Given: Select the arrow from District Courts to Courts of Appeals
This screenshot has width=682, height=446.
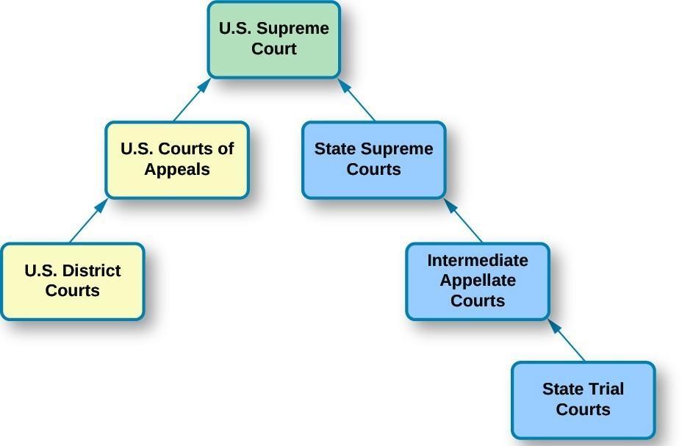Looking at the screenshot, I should click(x=87, y=221).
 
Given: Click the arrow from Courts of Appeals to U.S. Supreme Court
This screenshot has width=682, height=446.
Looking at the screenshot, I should click(x=192, y=100).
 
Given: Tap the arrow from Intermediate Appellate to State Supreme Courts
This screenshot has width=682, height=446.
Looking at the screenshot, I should click(x=464, y=220).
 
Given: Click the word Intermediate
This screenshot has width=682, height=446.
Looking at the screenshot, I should click(x=478, y=261).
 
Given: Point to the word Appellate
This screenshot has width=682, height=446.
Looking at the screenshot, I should click(x=478, y=281).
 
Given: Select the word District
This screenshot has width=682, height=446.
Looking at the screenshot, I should click(x=91, y=270).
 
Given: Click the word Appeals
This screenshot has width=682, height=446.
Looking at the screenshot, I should click(x=177, y=169).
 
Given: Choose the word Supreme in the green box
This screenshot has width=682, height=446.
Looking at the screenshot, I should click(x=300, y=29).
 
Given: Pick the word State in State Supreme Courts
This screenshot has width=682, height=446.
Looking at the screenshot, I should click(x=334, y=149).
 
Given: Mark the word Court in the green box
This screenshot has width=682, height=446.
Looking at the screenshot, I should click(x=273, y=49).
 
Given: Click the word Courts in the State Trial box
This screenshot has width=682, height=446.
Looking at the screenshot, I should click(x=583, y=409).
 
